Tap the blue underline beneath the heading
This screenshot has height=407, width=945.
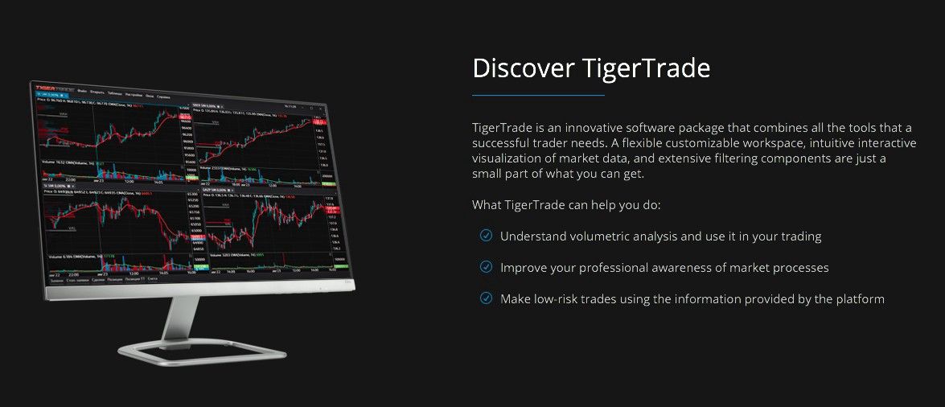coord(538,95)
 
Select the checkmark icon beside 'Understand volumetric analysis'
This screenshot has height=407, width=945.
coord(486,236)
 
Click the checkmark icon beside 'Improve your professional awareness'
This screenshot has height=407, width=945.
coord(486,267)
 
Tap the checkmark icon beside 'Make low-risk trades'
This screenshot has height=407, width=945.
coord(486,298)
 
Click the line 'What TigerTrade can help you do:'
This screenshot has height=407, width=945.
coord(566,205)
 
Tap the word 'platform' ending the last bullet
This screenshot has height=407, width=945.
coord(860,299)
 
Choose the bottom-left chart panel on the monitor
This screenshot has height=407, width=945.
coord(113,225)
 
